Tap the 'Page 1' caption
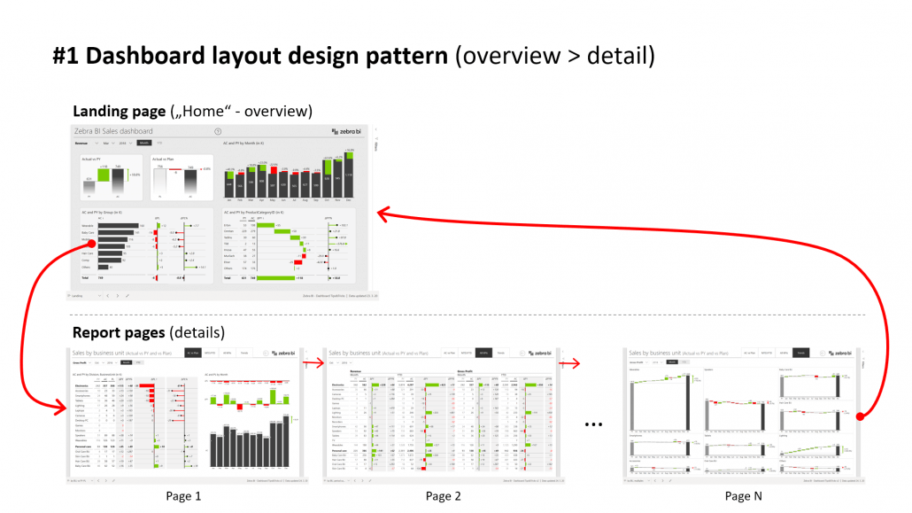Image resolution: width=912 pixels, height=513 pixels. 183,496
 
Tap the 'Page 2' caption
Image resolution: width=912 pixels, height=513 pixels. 444,496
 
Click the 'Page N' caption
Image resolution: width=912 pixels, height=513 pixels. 743,496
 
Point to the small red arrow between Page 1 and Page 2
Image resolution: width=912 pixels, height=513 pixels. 311,361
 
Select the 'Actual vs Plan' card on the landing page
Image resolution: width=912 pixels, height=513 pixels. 181,176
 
